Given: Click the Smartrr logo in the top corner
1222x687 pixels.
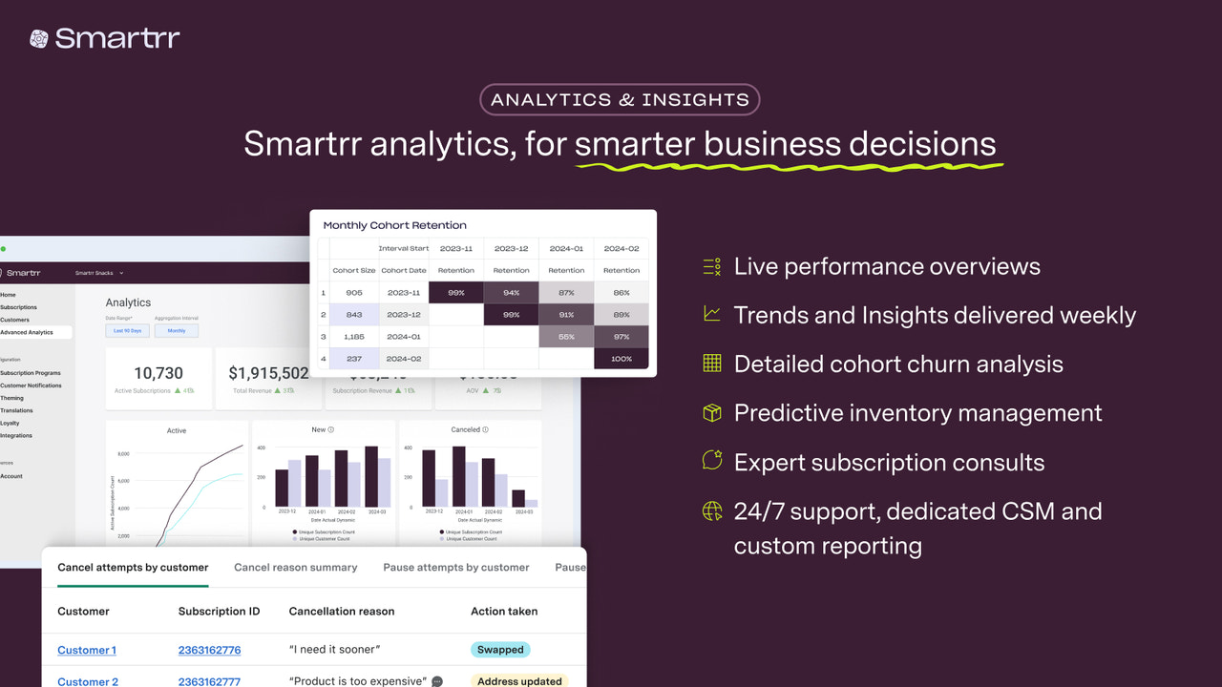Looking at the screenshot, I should [x=105, y=38].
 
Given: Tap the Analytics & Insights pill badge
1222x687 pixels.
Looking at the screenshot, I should [x=620, y=99].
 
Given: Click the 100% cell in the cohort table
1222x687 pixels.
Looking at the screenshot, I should [x=621, y=359].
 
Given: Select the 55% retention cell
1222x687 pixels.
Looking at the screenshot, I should [x=566, y=336].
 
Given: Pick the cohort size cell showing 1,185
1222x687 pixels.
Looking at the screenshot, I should [x=353, y=336].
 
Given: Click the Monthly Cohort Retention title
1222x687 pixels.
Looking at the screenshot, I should [x=394, y=225].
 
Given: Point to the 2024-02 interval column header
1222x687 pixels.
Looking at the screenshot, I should [x=621, y=248].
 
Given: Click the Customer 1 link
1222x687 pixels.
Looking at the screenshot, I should [x=87, y=650].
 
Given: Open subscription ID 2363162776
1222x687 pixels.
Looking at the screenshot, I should [x=209, y=650].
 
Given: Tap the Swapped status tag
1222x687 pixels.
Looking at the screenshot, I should [x=500, y=650].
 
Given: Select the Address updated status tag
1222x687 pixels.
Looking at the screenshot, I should [x=519, y=681].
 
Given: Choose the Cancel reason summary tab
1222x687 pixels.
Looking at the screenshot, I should [x=296, y=567].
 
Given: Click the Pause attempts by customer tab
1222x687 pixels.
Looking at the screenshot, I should [x=456, y=567].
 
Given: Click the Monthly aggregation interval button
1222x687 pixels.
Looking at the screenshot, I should [x=177, y=331].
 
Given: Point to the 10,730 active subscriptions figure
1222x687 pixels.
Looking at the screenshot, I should [x=158, y=373].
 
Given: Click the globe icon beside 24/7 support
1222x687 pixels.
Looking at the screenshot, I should [x=712, y=511].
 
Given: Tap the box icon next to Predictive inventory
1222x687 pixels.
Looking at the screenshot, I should [x=712, y=412].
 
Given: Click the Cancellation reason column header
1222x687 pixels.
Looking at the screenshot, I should [x=342, y=611].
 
